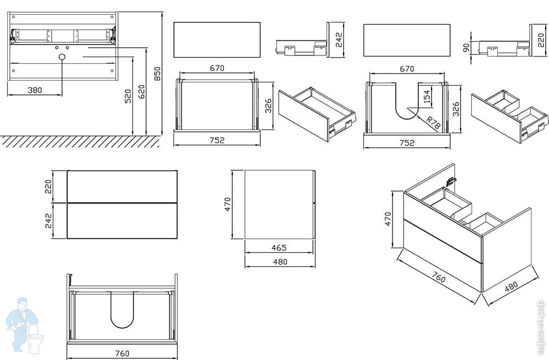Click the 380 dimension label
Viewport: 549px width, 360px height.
(35, 90)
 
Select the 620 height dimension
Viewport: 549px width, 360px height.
(142, 91)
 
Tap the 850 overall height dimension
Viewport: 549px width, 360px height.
(157, 74)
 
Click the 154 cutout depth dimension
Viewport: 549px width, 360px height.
(427, 97)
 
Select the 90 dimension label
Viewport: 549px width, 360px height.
(467, 48)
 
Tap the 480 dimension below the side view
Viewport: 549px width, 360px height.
(279, 262)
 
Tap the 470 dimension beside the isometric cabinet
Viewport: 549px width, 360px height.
(388, 219)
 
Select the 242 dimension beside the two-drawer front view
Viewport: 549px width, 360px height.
(49, 221)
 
